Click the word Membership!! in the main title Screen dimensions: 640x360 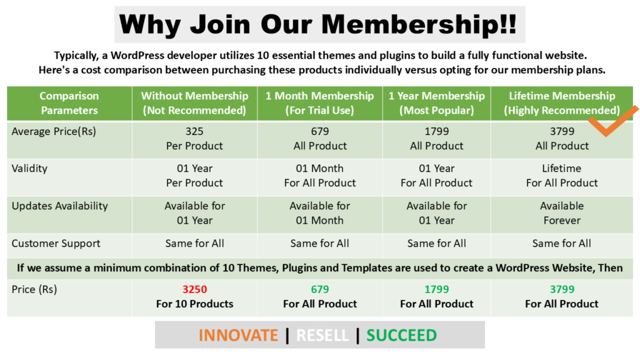click(419, 24)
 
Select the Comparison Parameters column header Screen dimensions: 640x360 click(69, 103)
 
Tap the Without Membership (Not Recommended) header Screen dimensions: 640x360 click(195, 103)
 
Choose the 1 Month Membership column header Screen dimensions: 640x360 click(319, 103)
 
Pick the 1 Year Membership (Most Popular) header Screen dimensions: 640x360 click(436, 103)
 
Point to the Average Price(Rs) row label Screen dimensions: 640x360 click(54, 131)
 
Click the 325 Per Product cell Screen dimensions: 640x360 click(194, 138)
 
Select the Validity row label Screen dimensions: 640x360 click(29, 168)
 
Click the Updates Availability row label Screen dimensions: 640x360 click(59, 206)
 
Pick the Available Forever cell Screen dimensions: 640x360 click(562, 213)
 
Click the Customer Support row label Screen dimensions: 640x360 click(56, 244)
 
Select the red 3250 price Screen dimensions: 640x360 click(195, 289)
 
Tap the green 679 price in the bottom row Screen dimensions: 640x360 click(319, 289)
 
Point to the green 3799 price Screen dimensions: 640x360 click(562, 289)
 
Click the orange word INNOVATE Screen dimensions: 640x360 click(238, 336)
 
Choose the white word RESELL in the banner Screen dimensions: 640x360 click(322, 336)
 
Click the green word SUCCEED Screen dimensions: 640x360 click(402, 336)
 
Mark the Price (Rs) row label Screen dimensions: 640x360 click(34, 289)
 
